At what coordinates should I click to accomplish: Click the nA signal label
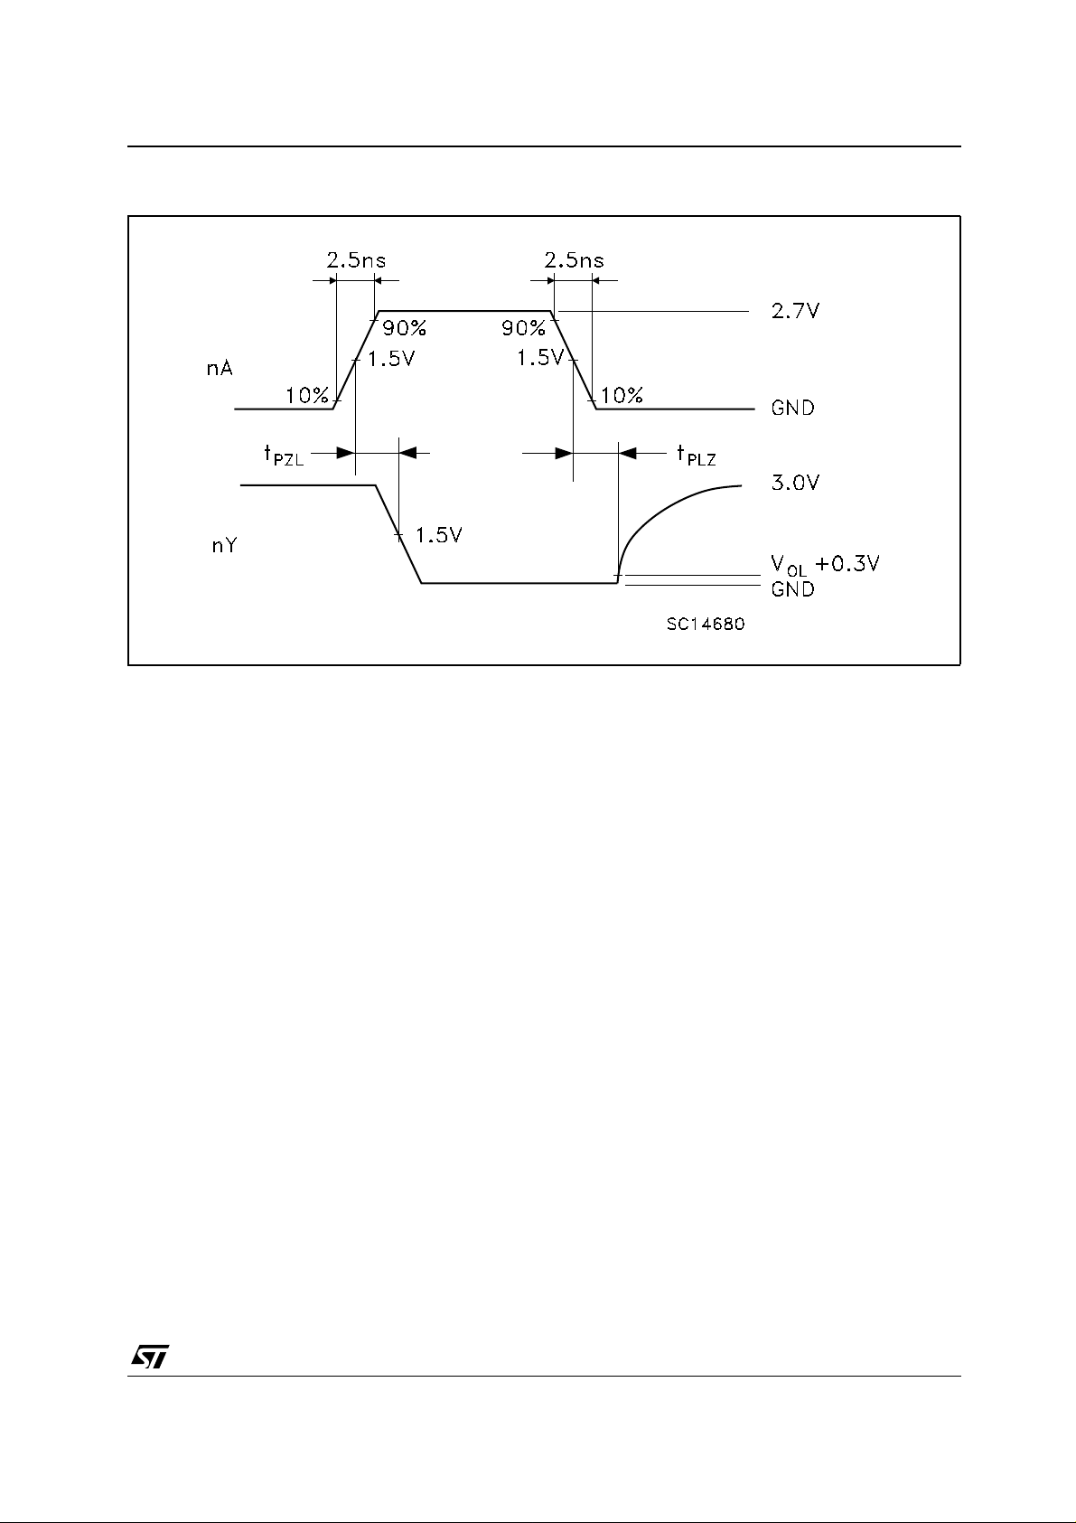click(220, 370)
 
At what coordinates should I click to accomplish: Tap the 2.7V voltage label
click(794, 311)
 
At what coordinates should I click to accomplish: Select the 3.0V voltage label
click(794, 483)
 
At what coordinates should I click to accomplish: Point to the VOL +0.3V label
click(825, 565)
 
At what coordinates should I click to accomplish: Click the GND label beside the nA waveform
click(792, 409)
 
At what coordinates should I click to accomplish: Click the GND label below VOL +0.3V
click(792, 589)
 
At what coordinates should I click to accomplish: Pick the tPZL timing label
click(283, 455)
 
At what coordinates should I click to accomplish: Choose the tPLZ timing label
click(696, 455)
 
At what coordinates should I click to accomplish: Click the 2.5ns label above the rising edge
click(355, 260)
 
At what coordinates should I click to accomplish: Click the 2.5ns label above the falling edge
click(575, 260)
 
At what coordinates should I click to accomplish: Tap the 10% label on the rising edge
click(307, 395)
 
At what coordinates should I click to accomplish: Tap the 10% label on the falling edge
click(622, 395)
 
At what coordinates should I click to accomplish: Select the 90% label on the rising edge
click(404, 327)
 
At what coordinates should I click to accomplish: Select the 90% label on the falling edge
click(524, 327)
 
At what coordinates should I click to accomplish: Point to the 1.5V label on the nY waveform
click(438, 535)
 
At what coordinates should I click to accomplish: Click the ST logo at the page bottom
click(150, 1357)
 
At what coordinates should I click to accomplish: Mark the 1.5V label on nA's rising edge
click(391, 358)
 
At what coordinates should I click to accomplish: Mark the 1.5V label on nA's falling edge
click(540, 358)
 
